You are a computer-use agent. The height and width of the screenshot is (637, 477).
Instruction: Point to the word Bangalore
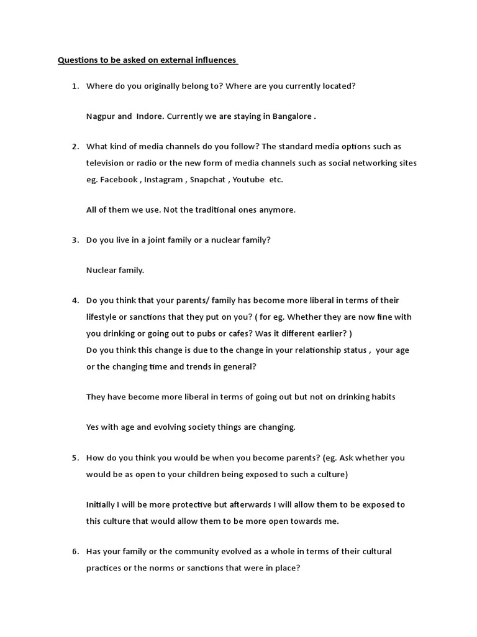click(x=291, y=116)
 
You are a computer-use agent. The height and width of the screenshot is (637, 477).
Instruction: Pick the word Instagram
click(x=164, y=180)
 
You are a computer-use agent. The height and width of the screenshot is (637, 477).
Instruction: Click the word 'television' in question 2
click(x=107, y=164)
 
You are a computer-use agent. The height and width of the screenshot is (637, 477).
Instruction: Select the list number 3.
click(x=75, y=240)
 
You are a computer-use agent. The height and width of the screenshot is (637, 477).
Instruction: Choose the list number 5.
click(x=75, y=458)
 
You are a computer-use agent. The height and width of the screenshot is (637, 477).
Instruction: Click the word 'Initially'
click(x=101, y=505)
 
